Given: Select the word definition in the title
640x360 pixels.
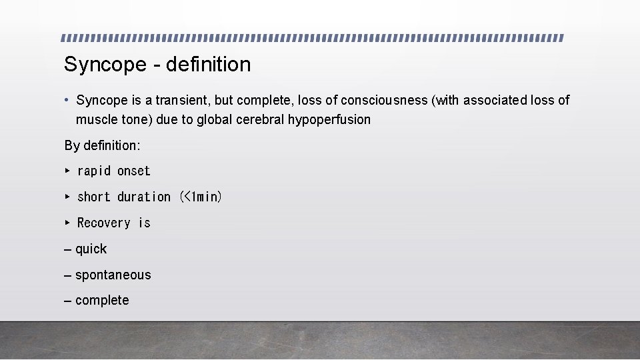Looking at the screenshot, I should point(209,65).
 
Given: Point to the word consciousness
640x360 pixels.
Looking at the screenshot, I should point(384,101).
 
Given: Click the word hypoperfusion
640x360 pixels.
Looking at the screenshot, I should point(329,120).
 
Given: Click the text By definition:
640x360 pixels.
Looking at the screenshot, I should point(102,145).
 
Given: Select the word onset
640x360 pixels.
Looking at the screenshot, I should point(134,171).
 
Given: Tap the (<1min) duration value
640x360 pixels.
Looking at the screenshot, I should point(201,197).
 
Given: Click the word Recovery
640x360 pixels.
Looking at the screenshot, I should point(104,223).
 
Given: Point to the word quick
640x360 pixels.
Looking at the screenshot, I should point(91,249).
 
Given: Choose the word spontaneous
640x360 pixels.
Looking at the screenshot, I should point(113,275).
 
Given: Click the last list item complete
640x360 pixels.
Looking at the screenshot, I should point(102,301).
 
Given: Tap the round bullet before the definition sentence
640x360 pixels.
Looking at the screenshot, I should point(67,101).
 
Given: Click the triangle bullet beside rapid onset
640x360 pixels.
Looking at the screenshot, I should point(67,171).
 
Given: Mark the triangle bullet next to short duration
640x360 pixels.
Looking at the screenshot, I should point(67,197).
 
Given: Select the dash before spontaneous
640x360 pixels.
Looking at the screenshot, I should point(68,275).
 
